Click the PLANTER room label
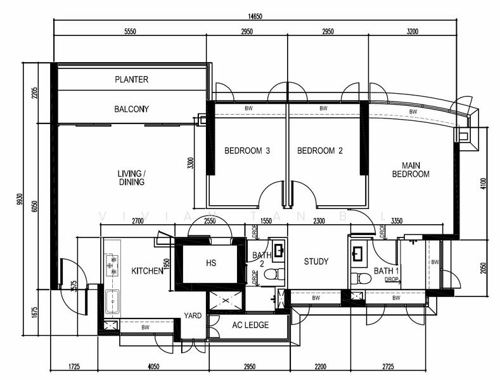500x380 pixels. click(131, 79)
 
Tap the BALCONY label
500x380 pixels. click(131, 109)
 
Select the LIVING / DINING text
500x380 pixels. click(131, 177)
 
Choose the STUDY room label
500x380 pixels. click(316, 262)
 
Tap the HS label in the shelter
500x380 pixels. click(211, 263)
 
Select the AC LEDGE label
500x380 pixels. click(251, 325)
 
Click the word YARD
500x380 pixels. click(193, 315)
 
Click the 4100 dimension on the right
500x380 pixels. click(483, 184)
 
